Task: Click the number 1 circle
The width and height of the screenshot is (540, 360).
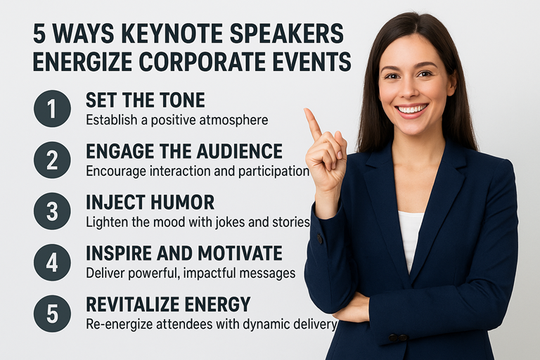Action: tap(52, 108)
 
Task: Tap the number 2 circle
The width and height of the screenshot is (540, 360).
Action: tap(52, 160)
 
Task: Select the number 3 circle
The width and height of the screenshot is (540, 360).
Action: tap(52, 211)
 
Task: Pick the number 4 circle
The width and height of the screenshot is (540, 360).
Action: tap(52, 262)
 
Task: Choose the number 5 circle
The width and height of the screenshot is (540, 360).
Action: tap(52, 314)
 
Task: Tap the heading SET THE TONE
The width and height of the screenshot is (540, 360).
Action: tap(145, 101)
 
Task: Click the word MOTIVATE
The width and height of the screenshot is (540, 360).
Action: tap(240, 253)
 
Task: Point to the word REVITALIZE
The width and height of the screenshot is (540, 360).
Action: tap(133, 304)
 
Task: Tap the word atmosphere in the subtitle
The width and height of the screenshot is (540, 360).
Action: tap(233, 120)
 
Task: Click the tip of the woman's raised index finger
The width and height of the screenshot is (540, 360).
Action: tap(307, 110)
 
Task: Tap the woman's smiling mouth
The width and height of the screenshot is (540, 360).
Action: tap(411, 110)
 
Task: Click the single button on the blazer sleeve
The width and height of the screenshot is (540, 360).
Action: tap(320, 239)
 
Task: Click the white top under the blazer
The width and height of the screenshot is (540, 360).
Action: tap(411, 238)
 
